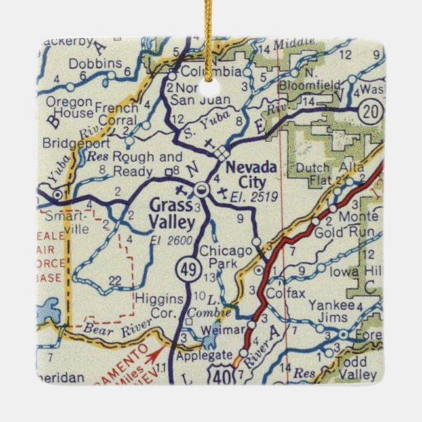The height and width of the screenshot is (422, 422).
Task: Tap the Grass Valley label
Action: pyautogui.click(x=171, y=214)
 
